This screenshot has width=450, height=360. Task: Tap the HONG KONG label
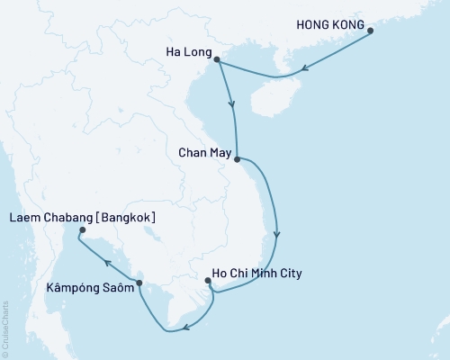(x=332, y=26)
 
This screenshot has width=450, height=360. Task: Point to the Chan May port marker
(x=237, y=160)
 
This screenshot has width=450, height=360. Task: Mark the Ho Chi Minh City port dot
(x=208, y=281)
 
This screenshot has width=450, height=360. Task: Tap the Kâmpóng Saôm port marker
(x=139, y=283)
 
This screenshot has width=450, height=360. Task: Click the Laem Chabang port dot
(x=80, y=230)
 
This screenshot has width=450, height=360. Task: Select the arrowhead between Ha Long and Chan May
(x=232, y=104)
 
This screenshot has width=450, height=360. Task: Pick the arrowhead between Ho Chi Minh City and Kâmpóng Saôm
(x=184, y=328)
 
